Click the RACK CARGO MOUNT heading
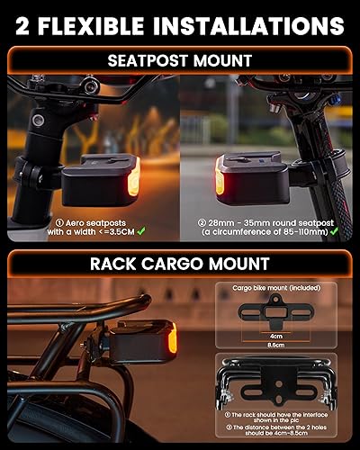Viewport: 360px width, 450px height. coord(179,263)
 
